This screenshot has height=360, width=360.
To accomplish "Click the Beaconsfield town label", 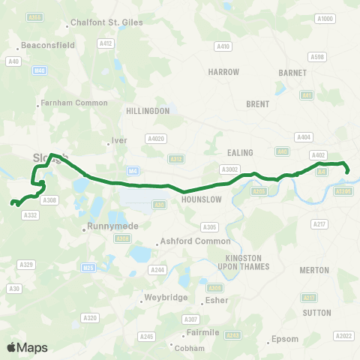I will click(x=47, y=45).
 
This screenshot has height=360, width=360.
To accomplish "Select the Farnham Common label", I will click(x=66, y=102).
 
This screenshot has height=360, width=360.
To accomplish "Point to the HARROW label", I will click(x=224, y=72).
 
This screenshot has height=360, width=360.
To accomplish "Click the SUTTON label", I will click(x=316, y=312).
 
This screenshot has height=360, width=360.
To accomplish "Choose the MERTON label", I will click(x=316, y=269).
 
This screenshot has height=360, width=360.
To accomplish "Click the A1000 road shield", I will click(x=324, y=19).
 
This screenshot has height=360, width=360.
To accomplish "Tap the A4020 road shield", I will click(x=156, y=139).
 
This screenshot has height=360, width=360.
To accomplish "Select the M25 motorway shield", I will click(x=88, y=267).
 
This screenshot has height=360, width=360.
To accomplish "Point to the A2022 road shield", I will click(x=344, y=335).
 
